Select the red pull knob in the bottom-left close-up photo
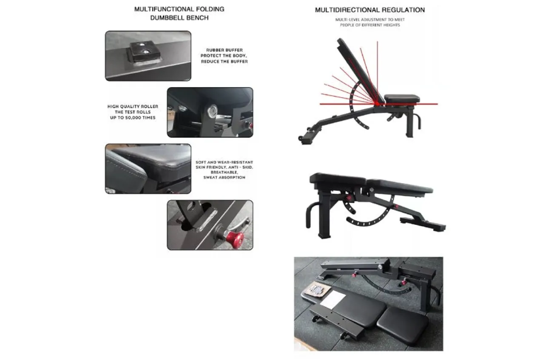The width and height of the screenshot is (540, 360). (235, 238)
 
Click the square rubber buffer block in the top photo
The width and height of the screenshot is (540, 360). (145, 52)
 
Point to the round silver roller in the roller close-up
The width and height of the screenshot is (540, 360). (212, 111)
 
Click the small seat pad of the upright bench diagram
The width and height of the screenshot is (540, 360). (402, 99)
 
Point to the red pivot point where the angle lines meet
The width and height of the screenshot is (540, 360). (377, 104)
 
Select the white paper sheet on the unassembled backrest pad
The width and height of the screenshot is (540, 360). (333, 300)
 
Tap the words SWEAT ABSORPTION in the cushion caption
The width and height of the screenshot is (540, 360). (224, 177)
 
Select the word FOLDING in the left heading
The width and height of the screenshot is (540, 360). (210, 9)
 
